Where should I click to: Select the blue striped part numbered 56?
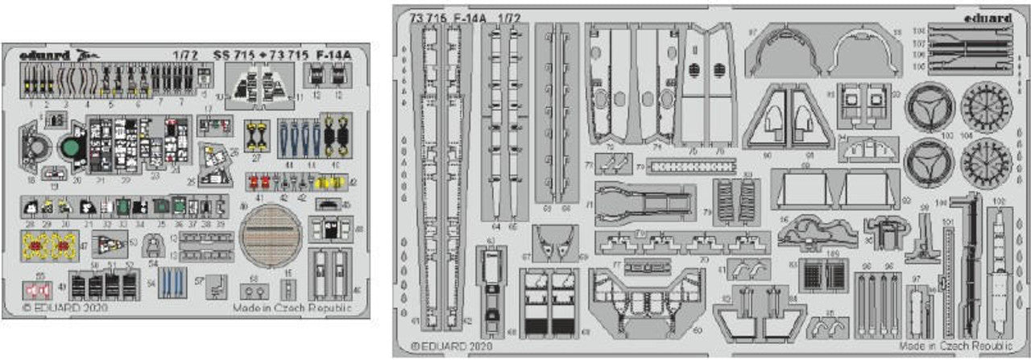coord(171,282)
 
